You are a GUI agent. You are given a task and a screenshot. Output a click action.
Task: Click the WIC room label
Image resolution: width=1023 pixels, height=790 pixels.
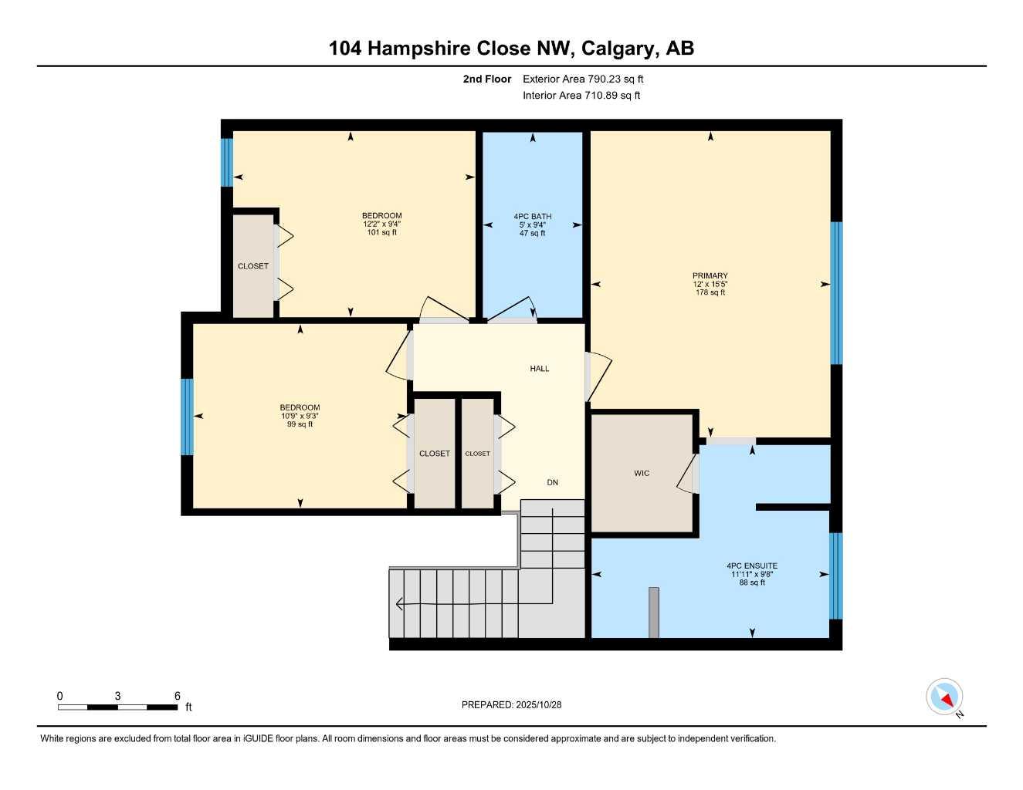tap(642, 473)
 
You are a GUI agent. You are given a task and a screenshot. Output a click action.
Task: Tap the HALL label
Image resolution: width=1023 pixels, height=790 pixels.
tap(540, 368)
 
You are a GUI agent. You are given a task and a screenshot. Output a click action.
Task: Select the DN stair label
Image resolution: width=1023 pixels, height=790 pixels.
tap(552, 482)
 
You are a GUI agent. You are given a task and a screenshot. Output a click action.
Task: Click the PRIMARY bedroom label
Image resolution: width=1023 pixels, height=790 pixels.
tap(710, 275)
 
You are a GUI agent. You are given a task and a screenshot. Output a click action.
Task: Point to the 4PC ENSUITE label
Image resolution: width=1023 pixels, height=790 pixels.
tap(751, 565)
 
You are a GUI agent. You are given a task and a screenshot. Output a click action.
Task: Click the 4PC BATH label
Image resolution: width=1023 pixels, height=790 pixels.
tap(532, 216)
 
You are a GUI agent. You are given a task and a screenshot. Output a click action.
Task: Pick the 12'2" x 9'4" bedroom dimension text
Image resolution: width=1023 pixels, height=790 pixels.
tap(381, 224)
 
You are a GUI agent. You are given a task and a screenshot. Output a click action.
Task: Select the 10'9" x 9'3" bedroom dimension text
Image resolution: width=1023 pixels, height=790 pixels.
tap(300, 416)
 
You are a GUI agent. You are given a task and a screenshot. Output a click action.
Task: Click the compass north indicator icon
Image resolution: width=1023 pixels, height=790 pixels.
tap(944, 697)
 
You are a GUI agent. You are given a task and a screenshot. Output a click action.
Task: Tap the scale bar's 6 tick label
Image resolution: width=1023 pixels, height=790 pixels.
tap(177, 696)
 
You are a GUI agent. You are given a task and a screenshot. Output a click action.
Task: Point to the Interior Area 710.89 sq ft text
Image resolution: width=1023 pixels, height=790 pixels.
tap(581, 96)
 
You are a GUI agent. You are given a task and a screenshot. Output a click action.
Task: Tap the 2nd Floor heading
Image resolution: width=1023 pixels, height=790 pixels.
tap(486, 79)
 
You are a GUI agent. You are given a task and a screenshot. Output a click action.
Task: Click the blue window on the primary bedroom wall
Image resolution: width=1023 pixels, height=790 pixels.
tap(835, 292)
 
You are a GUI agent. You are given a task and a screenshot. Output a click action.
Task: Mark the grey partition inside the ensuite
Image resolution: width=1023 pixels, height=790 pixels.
tap(654, 612)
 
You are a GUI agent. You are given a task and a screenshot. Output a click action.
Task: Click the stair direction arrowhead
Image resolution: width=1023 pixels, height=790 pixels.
tap(399, 604)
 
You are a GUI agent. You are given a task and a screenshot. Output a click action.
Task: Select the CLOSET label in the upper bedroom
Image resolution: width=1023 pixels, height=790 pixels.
tap(252, 266)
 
